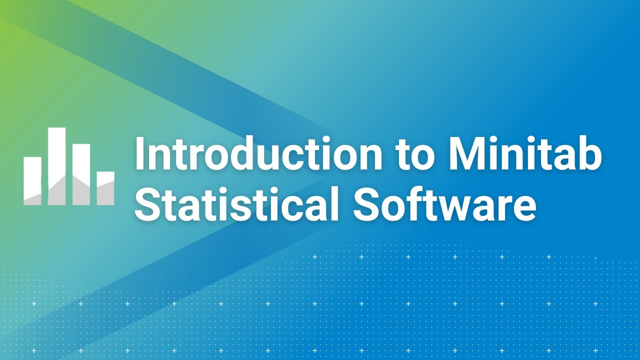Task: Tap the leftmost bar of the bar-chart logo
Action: click(x=32, y=180)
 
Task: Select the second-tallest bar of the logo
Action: click(x=81, y=174)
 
